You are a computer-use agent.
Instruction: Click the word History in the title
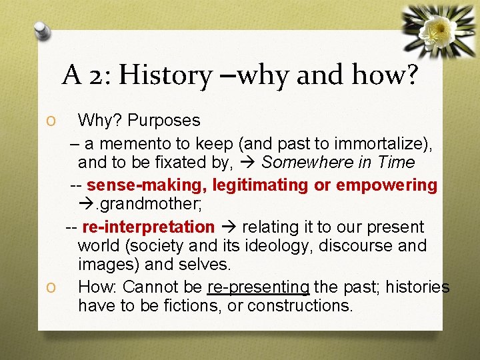point(163,76)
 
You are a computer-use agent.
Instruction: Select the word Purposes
point(163,121)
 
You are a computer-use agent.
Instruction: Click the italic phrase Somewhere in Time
point(339,163)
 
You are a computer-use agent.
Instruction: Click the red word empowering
point(387,185)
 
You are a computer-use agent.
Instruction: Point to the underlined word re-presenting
point(259,287)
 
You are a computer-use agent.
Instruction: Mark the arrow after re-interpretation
point(229,227)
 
